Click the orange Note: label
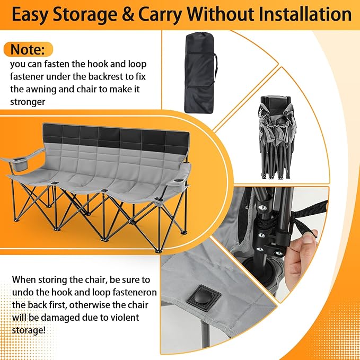point(28,49)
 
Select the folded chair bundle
point(277,137)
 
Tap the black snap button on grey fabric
point(204,297)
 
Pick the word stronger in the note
point(28,102)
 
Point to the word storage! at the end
point(29,331)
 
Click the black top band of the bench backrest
point(116,137)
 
